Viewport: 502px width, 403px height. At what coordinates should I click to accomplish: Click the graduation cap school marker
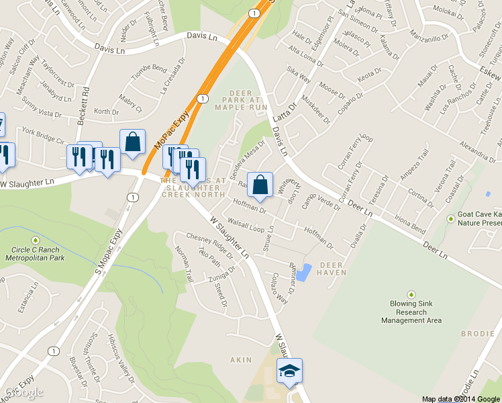pyautogui.click(x=289, y=371)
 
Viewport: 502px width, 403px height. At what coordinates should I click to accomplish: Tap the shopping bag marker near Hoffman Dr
pyautogui.click(x=260, y=185)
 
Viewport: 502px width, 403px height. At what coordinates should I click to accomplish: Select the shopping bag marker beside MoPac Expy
pyautogui.click(x=132, y=142)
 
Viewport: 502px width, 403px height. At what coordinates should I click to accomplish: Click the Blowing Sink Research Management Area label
pyautogui.click(x=411, y=312)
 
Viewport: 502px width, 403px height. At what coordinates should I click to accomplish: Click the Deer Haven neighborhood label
pyautogui.click(x=332, y=269)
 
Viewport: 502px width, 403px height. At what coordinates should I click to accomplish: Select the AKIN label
pyautogui.click(x=241, y=360)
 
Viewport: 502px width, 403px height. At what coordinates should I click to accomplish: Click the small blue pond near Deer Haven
pyautogui.click(x=304, y=272)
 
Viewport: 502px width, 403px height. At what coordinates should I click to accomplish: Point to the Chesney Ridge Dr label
pyautogui.click(x=209, y=246)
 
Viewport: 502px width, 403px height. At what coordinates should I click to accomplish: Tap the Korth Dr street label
pyautogui.click(x=106, y=112)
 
